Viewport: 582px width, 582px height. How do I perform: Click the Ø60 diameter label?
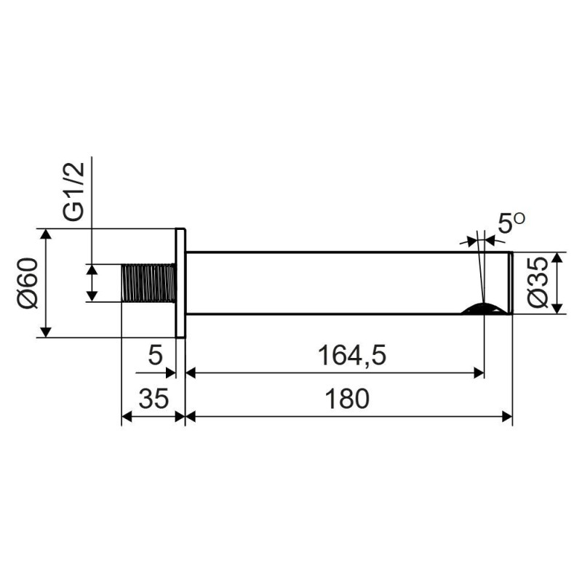click(28, 283)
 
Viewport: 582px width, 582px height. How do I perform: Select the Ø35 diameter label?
click(538, 283)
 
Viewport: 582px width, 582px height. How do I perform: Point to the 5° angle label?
click(511, 223)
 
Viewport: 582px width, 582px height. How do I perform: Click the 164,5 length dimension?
click(352, 355)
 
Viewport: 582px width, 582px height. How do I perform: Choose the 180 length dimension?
click(347, 399)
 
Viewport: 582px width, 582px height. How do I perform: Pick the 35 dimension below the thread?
click(154, 399)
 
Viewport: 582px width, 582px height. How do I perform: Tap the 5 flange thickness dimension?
click(155, 355)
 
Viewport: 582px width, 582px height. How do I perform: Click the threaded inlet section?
click(148, 283)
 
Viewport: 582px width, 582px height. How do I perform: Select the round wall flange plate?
click(180, 283)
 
